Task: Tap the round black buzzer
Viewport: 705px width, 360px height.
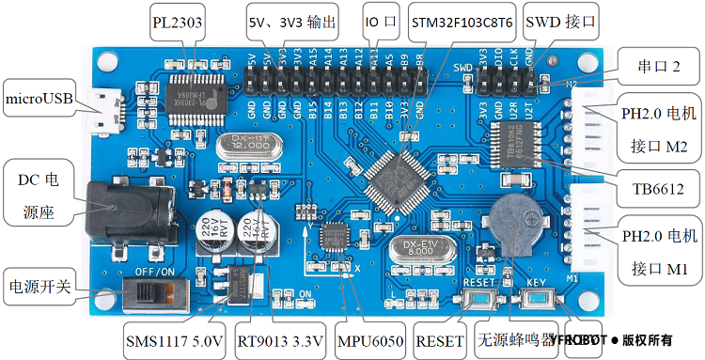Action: click(514, 224)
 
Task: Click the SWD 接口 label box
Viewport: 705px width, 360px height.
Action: click(561, 21)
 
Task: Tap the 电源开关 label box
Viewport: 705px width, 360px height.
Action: click(39, 286)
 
